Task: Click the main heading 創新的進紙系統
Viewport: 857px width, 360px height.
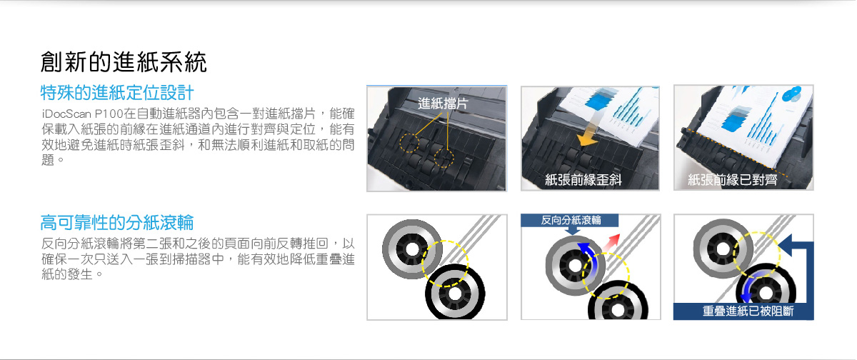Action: pyautogui.click(x=123, y=62)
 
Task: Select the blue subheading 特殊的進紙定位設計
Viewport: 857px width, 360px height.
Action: pyautogui.click(x=117, y=93)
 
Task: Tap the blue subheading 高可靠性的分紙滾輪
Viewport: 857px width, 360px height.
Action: pyautogui.click(x=117, y=223)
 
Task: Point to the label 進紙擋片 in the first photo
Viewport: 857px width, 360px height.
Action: pyautogui.click(x=443, y=104)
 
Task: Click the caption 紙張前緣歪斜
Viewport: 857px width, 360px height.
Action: pyautogui.click(x=583, y=179)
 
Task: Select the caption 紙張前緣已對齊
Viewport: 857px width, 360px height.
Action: pyautogui.click(x=732, y=179)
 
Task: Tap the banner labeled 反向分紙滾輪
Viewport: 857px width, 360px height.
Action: pyautogui.click(x=570, y=220)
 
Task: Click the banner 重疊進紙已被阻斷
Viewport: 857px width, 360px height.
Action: pyautogui.click(x=743, y=311)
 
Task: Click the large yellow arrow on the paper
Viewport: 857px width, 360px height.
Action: pyautogui.click(x=588, y=134)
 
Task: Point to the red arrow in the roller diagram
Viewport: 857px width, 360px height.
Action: pyautogui.click(x=611, y=242)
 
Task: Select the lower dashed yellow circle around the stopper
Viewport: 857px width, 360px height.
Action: pyautogui.click(x=443, y=158)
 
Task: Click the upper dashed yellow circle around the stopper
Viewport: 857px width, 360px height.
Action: pyautogui.click(x=409, y=143)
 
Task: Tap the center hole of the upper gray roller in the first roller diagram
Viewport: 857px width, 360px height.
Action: pyautogui.click(x=411, y=249)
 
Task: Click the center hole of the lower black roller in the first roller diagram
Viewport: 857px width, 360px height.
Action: pyautogui.click(x=455, y=294)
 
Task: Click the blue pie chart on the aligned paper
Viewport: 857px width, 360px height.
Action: pyautogui.click(x=792, y=94)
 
